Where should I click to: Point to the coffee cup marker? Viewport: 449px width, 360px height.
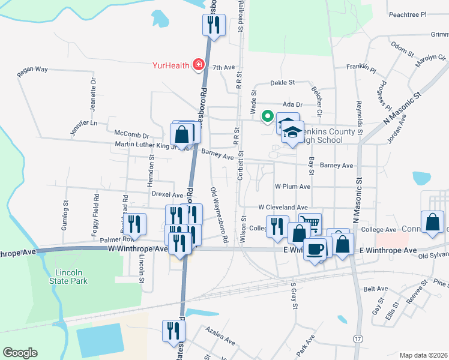point(315,249)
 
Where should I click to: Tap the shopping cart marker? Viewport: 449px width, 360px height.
point(309,224)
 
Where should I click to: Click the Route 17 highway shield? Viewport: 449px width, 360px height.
point(358,339)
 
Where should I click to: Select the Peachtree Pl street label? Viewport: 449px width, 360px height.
point(407,14)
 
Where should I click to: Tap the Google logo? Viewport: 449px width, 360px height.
point(20,353)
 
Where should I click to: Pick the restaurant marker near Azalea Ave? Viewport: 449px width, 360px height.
point(173,331)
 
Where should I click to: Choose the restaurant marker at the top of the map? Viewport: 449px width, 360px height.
point(213,25)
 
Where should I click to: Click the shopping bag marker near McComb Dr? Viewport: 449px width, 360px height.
point(186,133)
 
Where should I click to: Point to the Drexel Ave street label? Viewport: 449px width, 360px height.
point(167,195)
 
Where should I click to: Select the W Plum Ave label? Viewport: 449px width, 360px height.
point(292,187)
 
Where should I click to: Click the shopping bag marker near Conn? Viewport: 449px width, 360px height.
point(432,222)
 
